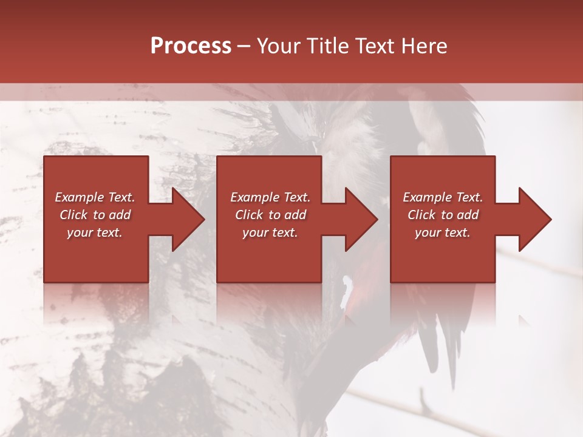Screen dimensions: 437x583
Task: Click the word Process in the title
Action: click(191, 46)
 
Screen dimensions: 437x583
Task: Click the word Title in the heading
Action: click(327, 46)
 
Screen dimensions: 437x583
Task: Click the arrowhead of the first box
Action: click(185, 219)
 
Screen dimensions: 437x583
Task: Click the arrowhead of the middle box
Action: click(358, 219)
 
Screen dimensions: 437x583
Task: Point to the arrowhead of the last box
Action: click(532, 219)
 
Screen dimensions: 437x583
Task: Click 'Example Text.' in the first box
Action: click(95, 197)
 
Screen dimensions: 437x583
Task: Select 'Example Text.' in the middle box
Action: click(270, 197)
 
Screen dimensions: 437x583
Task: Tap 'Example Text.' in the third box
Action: click(443, 197)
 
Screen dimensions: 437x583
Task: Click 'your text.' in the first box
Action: click(95, 232)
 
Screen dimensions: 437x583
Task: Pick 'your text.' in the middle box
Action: click(270, 232)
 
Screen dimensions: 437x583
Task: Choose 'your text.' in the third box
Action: click(443, 232)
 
